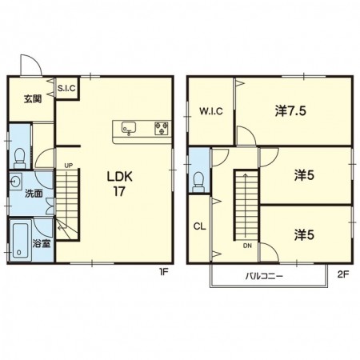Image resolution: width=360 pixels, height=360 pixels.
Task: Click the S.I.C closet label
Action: [x=66, y=88]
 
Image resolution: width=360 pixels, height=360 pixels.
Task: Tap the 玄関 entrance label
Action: [x=33, y=99]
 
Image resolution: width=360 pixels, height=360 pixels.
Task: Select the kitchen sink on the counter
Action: [x=129, y=128]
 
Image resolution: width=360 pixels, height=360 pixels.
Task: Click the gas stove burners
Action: [x=162, y=128]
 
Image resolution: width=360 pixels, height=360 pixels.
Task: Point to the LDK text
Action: [x=120, y=177]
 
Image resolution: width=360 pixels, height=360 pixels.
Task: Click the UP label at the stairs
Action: [x=69, y=166]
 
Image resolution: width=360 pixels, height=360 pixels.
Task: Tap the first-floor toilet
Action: [x=19, y=158]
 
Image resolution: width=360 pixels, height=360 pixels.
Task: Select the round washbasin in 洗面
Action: [x=15, y=182]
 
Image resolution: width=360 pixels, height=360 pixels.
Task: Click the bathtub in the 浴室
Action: [x=21, y=241]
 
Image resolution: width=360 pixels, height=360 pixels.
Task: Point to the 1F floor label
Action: [x=163, y=272]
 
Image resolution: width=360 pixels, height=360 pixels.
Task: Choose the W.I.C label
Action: [x=211, y=111]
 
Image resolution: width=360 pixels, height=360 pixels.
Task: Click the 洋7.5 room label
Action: [x=290, y=111]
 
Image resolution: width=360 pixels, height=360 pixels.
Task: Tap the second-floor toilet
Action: [x=198, y=182]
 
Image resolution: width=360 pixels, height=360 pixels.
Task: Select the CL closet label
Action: [x=200, y=226]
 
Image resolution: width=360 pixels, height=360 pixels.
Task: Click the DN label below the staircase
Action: [x=247, y=246]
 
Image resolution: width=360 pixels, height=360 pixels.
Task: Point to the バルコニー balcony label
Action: [x=264, y=276]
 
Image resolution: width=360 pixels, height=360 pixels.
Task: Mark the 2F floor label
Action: [x=343, y=274]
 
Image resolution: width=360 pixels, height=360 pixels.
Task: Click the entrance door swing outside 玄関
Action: [x=31, y=65]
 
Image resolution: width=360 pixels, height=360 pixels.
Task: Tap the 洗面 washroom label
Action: [x=34, y=194]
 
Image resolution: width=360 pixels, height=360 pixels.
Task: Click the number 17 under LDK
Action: [x=119, y=191]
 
